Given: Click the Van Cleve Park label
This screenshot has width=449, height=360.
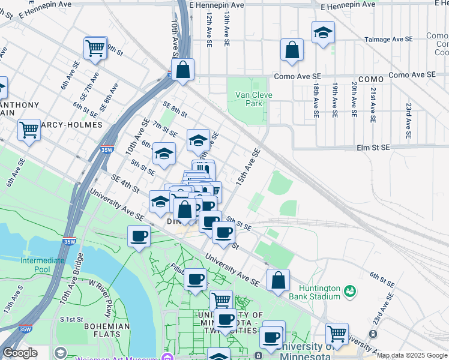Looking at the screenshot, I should [x=254, y=99].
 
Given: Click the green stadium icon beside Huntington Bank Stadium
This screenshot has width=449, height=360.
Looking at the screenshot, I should [x=350, y=292].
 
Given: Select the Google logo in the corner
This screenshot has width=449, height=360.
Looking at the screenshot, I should [x=20, y=353].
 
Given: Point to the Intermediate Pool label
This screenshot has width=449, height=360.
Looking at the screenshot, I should [x=42, y=265].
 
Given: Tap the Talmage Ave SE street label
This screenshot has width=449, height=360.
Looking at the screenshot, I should [x=388, y=40].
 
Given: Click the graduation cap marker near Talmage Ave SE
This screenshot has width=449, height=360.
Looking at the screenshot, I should [x=323, y=34].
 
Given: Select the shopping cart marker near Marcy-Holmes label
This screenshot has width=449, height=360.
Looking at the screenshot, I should [x=29, y=130].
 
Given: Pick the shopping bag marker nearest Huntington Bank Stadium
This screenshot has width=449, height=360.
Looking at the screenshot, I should [x=278, y=280].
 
